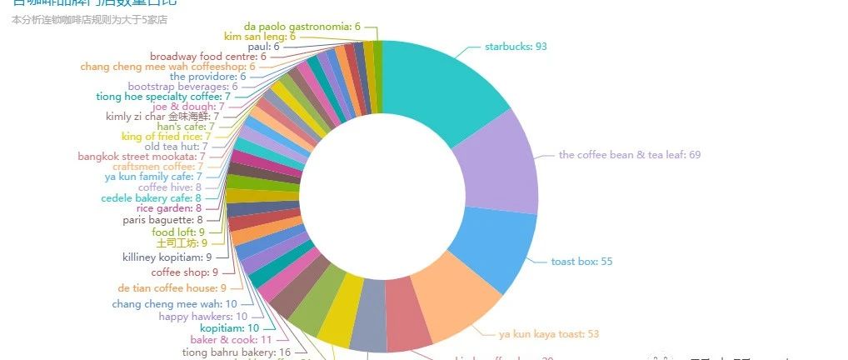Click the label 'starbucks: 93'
point(516,47)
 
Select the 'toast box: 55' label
point(581,262)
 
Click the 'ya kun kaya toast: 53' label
point(548,334)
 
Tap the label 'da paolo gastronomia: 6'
point(302,27)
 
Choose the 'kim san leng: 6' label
point(260,37)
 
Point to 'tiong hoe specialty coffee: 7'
point(163,97)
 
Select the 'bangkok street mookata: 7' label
point(142,157)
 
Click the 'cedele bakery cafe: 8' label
point(152,198)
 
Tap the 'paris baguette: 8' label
point(163,220)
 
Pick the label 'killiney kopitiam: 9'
point(167,257)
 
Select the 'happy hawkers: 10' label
point(203,317)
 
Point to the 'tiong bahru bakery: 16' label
point(237,352)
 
